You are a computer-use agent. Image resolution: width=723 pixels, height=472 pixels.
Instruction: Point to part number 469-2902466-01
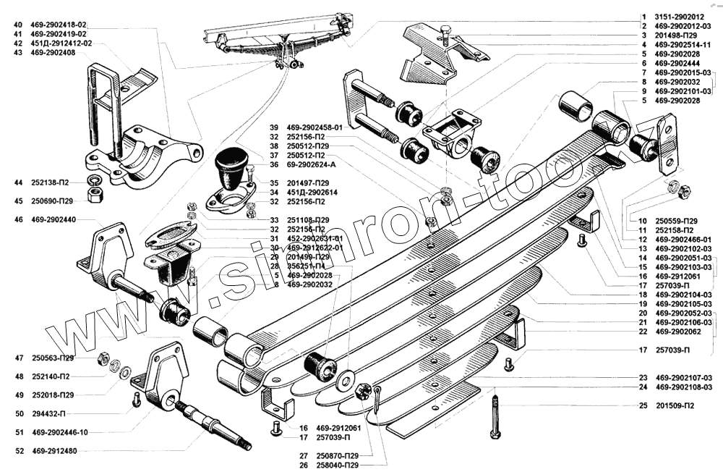click(x=684, y=239)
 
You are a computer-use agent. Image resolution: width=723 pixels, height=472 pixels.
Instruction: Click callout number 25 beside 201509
click(x=643, y=405)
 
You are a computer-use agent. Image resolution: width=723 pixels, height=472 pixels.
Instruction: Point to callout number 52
click(x=18, y=451)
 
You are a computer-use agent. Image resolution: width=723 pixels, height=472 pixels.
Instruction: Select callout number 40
click(x=18, y=25)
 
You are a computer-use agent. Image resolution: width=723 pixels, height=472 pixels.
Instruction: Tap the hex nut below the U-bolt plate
click(x=94, y=196)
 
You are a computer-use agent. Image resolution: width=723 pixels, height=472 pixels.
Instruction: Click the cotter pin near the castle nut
click(x=379, y=402)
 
